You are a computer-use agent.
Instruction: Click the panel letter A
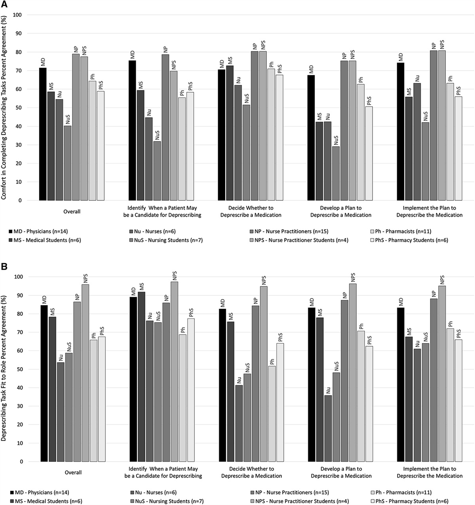[4, 4]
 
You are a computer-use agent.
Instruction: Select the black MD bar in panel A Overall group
[43, 134]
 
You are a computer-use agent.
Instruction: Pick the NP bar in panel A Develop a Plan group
[344, 131]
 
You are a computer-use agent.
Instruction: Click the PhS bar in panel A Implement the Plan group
[458, 149]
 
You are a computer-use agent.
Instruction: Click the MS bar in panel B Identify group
[141, 377]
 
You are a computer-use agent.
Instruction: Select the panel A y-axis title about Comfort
[5, 108]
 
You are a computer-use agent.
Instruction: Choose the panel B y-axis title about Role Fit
[5, 368]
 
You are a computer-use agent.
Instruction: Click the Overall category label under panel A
[72, 212]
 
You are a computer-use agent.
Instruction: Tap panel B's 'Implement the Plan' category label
[430, 472]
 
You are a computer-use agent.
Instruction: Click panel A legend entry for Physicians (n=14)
[40, 231]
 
